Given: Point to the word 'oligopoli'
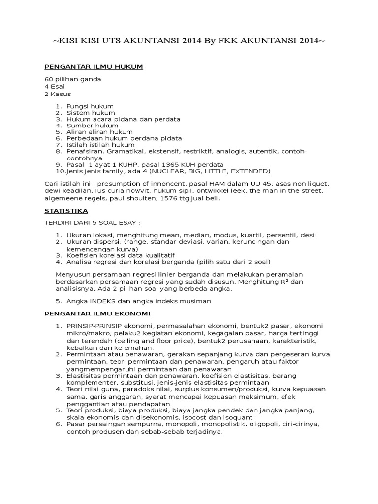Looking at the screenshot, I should [262, 423].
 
